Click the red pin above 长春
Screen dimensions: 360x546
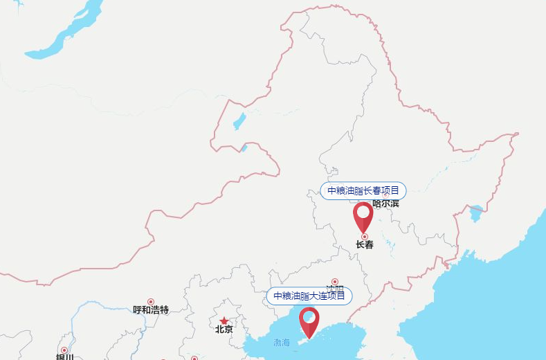[x=363, y=215]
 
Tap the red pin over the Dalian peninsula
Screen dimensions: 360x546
[x=309, y=321]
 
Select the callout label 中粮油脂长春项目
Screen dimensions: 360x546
[x=363, y=190]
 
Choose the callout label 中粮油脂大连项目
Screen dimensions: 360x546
[x=309, y=296]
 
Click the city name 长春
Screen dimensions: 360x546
[x=365, y=244]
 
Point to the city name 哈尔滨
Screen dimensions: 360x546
[x=385, y=204]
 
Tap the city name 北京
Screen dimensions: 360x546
[x=224, y=330]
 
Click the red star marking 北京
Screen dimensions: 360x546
[x=224, y=321]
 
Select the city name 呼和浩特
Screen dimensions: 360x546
[x=151, y=310]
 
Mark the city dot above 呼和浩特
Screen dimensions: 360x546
[x=151, y=302]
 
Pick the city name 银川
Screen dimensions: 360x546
[x=64, y=357]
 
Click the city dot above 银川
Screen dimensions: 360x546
[x=64, y=350]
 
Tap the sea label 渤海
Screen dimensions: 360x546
[x=282, y=342]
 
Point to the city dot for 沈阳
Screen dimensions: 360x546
[x=335, y=282]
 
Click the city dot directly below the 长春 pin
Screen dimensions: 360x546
[x=365, y=237]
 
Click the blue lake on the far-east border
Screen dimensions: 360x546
[x=476, y=213]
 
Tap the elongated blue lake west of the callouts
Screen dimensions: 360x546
[x=239, y=121]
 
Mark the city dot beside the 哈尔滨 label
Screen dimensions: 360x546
[x=385, y=195]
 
